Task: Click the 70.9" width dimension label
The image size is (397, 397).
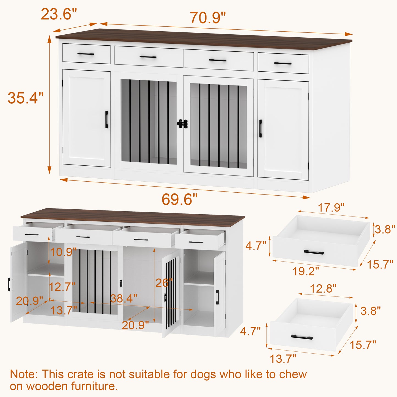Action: click(x=208, y=18)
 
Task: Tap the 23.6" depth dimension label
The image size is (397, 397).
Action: click(x=59, y=14)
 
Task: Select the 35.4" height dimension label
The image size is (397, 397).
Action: click(x=26, y=98)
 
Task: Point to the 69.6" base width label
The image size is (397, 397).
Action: click(x=179, y=199)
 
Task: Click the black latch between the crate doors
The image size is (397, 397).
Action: click(x=182, y=124)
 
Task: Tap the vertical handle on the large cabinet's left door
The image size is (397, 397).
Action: click(x=107, y=120)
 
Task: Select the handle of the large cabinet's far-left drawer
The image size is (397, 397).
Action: click(x=85, y=54)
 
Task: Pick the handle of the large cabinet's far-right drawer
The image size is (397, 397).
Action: click(x=283, y=63)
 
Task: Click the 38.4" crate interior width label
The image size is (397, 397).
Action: click(x=124, y=298)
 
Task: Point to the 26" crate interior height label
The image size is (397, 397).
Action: click(x=164, y=283)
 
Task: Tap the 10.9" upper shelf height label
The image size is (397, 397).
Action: click(x=63, y=252)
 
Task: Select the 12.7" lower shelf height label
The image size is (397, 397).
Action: click(x=62, y=286)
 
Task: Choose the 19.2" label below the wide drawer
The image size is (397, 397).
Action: click(x=306, y=271)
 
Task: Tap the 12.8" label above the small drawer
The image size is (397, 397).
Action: click(x=323, y=288)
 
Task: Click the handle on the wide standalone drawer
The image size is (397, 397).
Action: click(x=314, y=252)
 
